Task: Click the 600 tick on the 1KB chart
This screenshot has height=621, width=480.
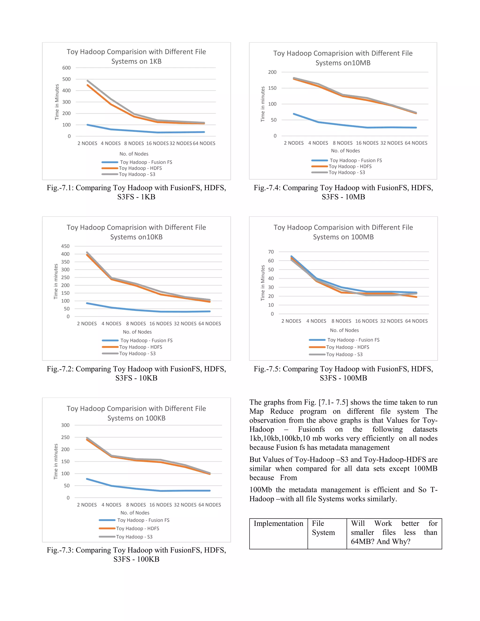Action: coord(66,68)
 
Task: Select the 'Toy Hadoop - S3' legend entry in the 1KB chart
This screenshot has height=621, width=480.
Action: coord(137,174)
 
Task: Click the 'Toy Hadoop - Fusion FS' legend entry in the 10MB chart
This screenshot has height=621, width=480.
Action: coord(356,160)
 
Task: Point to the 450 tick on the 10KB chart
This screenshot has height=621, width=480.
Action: coord(65,246)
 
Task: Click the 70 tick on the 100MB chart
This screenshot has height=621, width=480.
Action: coord(271,252)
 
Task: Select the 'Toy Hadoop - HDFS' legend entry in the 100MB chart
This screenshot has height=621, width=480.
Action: coord(348,347)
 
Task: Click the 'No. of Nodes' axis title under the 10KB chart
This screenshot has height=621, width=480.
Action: coord(137,332)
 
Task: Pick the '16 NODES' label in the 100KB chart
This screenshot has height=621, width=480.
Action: coord(160,505)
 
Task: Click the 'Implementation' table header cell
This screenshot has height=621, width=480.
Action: coord(278,524)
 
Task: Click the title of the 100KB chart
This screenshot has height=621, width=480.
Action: coord(136,413)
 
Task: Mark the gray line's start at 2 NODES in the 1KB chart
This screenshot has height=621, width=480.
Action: coord(87,80)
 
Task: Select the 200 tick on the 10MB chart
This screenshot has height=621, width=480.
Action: coord(272,72)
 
